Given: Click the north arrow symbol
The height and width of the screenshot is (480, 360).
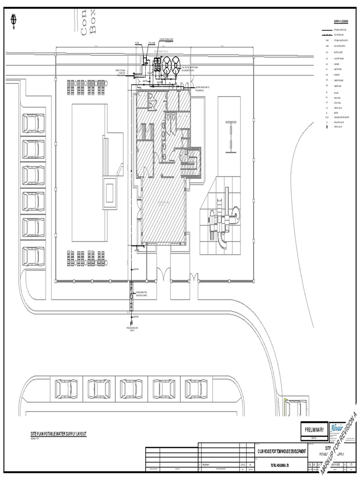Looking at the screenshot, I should (x=13, y=19).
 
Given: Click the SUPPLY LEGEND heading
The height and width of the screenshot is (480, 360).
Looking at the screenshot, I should (x=341, y=22).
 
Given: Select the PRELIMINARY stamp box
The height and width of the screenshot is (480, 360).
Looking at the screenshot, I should (x=315, y=429).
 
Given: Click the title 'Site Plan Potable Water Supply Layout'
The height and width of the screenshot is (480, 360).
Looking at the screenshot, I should (x=59, y=435).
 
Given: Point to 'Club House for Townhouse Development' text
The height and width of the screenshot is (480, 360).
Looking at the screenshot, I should (x=281, y=450).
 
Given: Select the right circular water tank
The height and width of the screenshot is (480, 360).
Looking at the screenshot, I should (x=176, y=62).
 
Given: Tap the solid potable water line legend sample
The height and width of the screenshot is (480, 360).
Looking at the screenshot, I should (x=326, y=30).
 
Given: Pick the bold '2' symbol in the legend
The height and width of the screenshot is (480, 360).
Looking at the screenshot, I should (x=327, y=127).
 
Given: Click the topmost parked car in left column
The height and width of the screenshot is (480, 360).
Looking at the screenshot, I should (x=33, y=124).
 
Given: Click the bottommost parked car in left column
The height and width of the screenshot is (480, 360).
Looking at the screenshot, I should (x=33, y=256).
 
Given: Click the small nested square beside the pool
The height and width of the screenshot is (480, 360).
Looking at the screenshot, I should (x=111, y=192).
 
